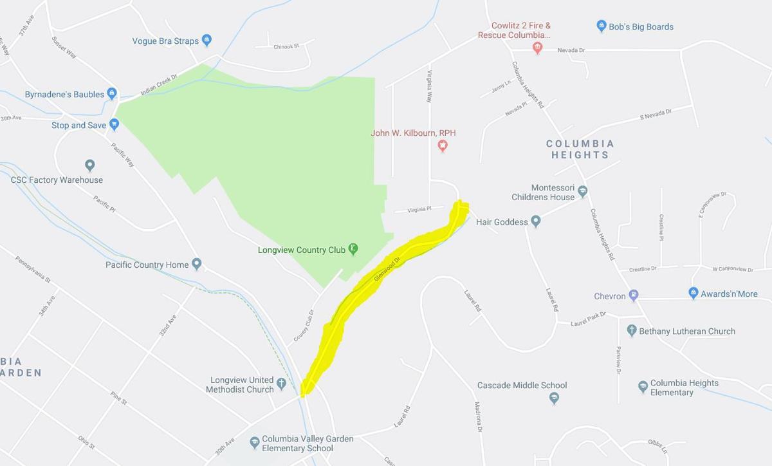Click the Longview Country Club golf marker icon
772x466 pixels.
[x=353, y=249]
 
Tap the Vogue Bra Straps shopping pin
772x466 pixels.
[x=207, y=41]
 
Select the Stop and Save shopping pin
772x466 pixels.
[x=114, y=124]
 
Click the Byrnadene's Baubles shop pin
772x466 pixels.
[x=112, y=94]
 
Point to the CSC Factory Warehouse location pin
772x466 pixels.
[x=90, y=165]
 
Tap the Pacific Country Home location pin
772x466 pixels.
[x=197, y=264]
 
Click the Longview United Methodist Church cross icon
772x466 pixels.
[x=281, y=384]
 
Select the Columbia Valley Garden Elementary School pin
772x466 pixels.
[x=255, y=443]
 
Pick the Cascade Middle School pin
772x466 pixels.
[x=554, y=398]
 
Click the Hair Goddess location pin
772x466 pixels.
[x=536, y=221]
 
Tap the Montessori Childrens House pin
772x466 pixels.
[x=582, y=191]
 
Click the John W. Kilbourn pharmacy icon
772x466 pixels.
[x=443, y=145]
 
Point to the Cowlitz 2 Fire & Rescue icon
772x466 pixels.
[x=538, y=48]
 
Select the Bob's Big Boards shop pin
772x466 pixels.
[x=602, y=26]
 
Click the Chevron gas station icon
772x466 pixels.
[x=634, y=295]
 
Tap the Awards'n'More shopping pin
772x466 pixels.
[x=693, y=294]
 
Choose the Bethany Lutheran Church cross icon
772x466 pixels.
[x=632, y=331]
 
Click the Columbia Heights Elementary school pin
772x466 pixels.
[x=643, y=387]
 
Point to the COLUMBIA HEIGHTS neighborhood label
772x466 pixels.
[x=580, y=149]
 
